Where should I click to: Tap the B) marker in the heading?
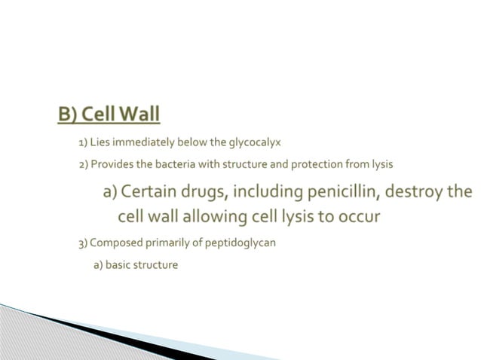[x=69, y=114]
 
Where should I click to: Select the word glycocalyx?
[x=250, y=142]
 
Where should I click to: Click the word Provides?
[x=111, y=163]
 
